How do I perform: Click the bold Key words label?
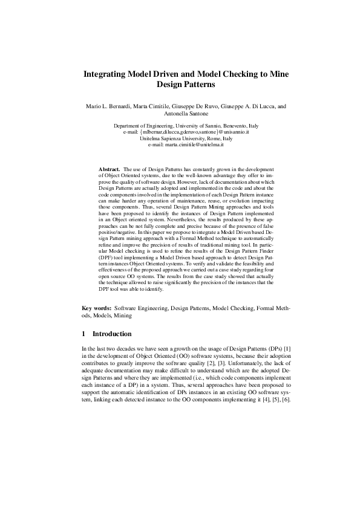[97, 308]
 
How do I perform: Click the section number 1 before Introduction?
[83, 333]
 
